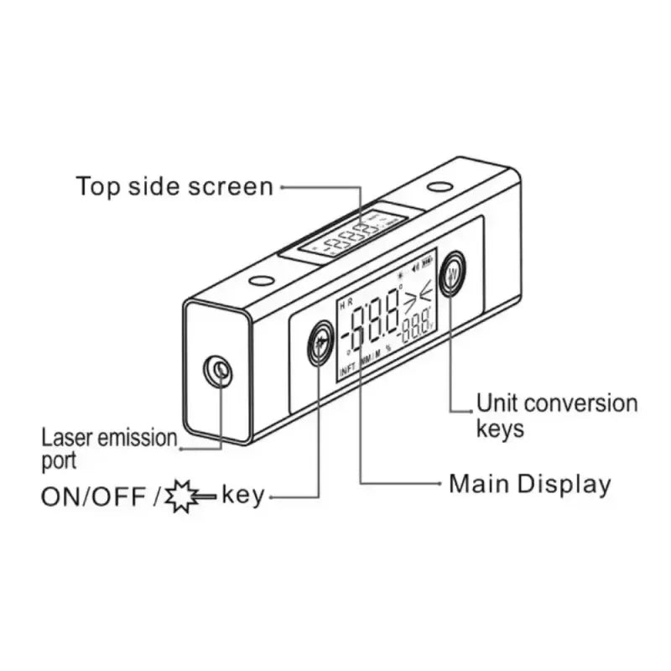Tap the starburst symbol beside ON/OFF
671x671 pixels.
point(183,497)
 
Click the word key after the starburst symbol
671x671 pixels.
point(243,496)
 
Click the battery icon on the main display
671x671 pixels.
point(429,262)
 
